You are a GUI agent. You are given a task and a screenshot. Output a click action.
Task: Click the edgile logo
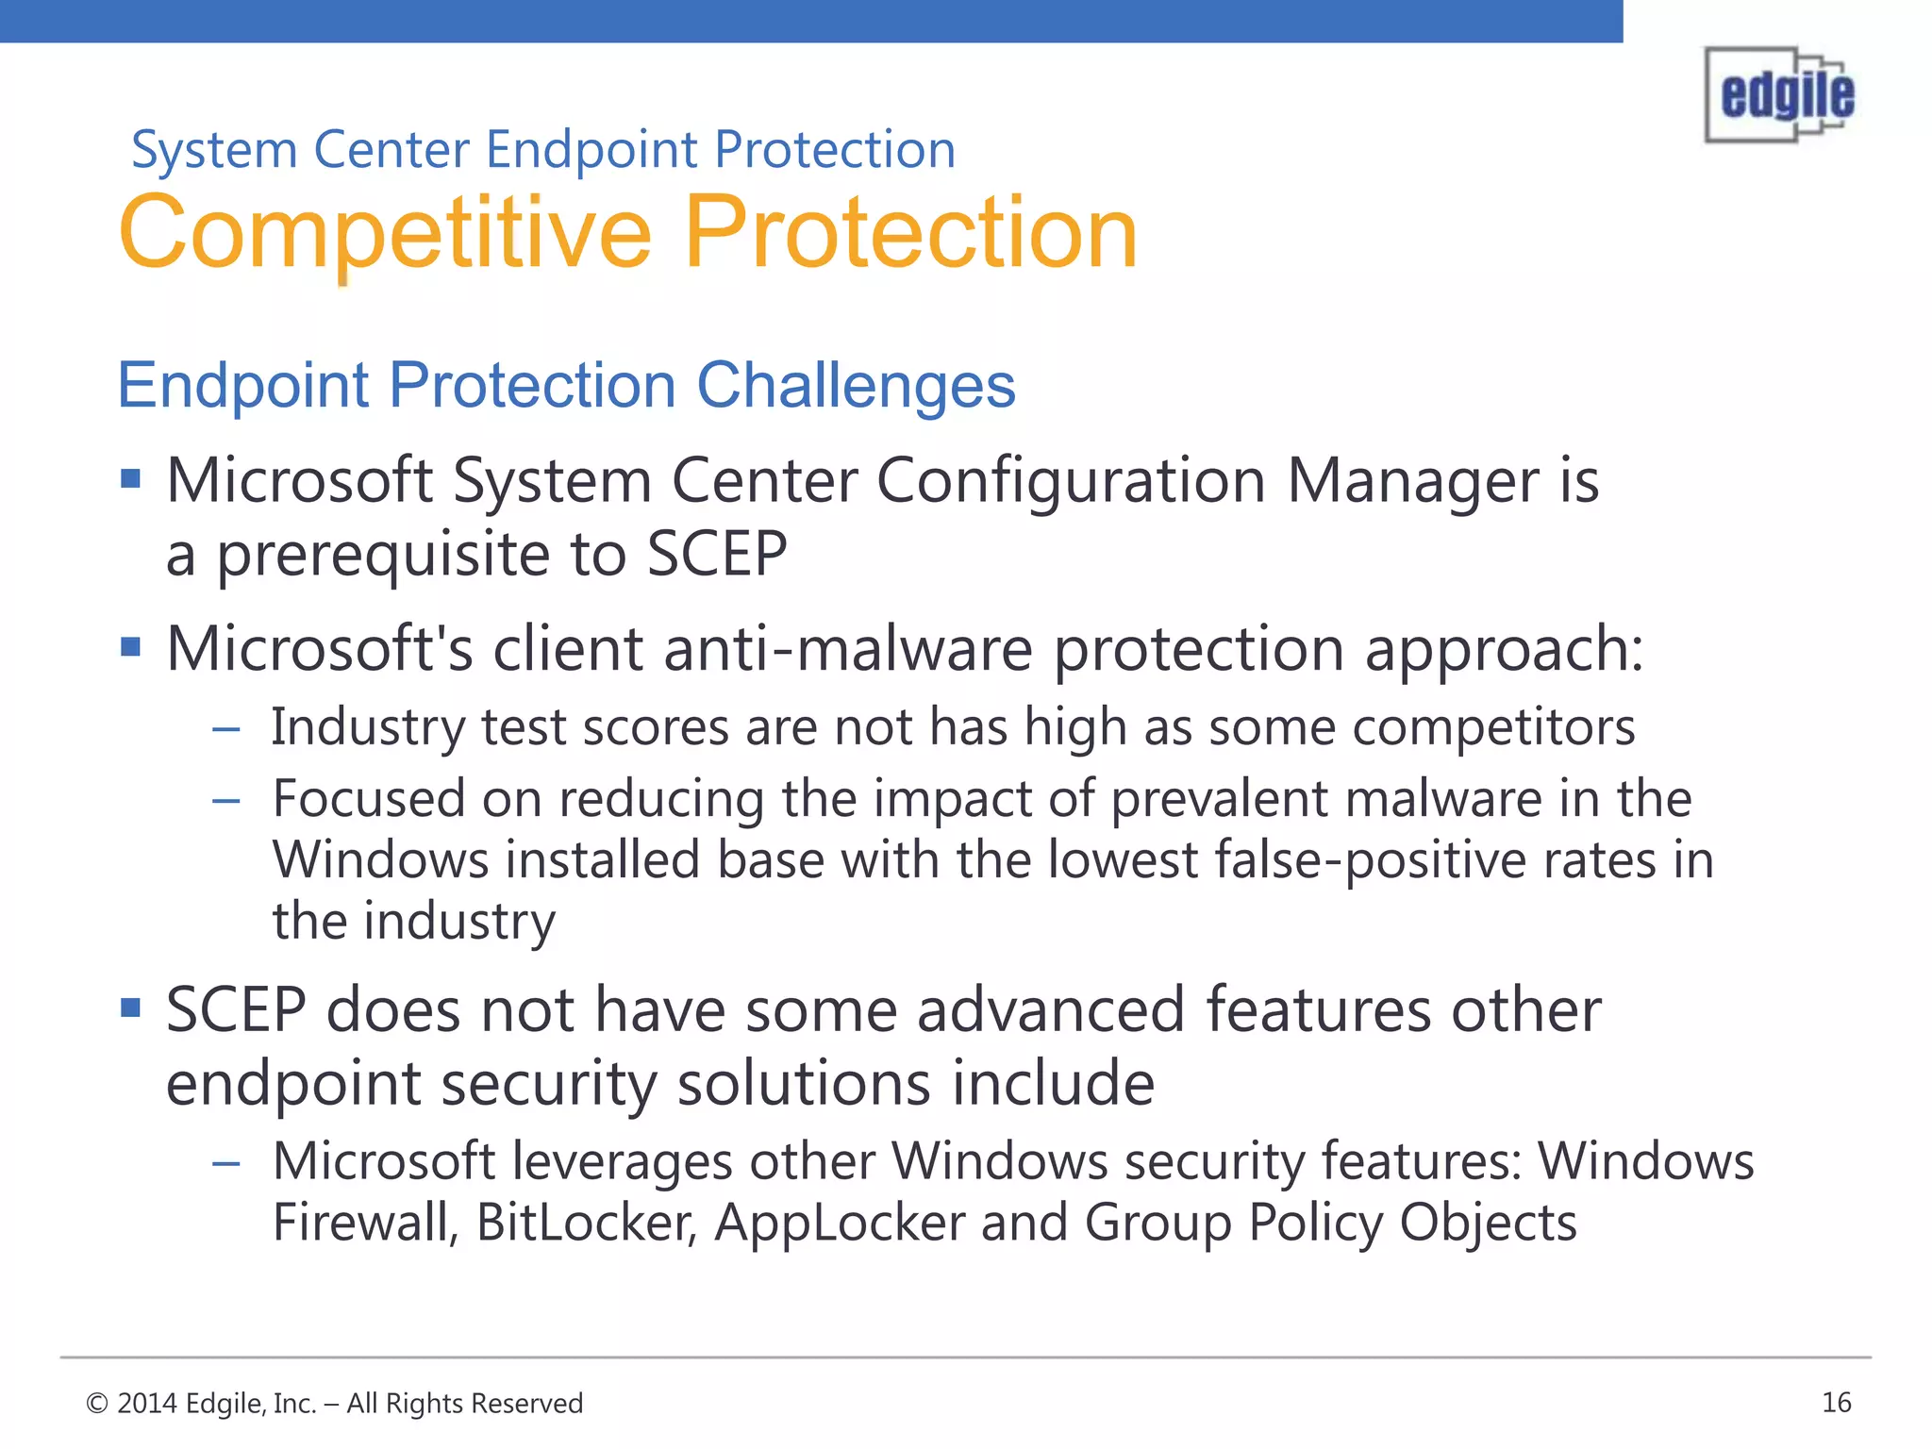[x=1779, y=95]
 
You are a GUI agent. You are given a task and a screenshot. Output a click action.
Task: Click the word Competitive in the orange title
[x=385, y=232]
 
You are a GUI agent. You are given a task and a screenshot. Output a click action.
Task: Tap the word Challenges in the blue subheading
[x=856, y=385]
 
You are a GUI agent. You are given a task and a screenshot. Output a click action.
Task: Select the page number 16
[x=1836, y=1403]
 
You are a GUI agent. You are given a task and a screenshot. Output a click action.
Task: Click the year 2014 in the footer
[x=147, y=1404]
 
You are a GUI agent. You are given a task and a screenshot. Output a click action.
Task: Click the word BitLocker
[x=586, y=1223]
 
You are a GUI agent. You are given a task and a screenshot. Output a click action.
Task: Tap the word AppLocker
[x=840, y=1223]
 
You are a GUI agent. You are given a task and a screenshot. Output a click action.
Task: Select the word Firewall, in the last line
[x=365, y=1223]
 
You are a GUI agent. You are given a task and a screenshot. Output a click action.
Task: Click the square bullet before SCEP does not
[x=131, y=1008]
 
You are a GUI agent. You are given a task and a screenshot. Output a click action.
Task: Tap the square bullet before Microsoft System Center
[x=131, y=479]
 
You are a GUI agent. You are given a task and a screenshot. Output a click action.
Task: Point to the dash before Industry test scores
[x=226, y=729]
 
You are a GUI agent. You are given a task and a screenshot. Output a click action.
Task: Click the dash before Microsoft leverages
[x=226, y=1163]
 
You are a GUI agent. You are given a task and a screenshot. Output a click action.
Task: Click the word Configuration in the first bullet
[x=1071, y=481]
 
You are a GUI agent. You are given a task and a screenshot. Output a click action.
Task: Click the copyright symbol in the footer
[x=96, y=1404]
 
